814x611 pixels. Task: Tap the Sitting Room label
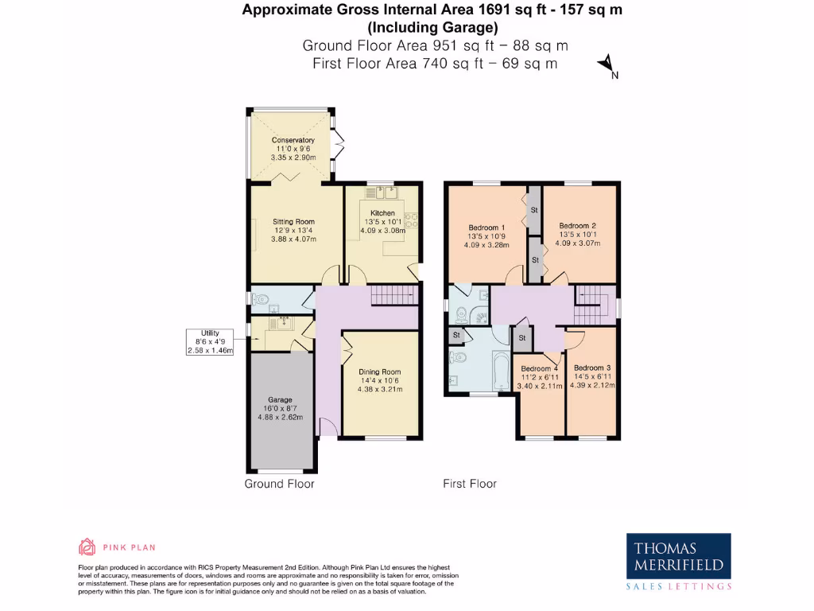294,221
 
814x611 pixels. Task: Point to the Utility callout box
210,341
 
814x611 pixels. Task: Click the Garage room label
280,399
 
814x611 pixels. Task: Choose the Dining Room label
379,372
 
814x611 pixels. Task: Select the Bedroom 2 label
577,225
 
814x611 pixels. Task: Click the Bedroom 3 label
593,367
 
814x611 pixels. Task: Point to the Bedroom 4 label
540,368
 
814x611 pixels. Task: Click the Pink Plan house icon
87,547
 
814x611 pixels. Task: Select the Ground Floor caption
279,484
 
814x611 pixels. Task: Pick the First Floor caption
470,484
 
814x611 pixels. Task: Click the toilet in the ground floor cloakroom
260,300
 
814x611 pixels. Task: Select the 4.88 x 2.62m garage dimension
280,417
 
